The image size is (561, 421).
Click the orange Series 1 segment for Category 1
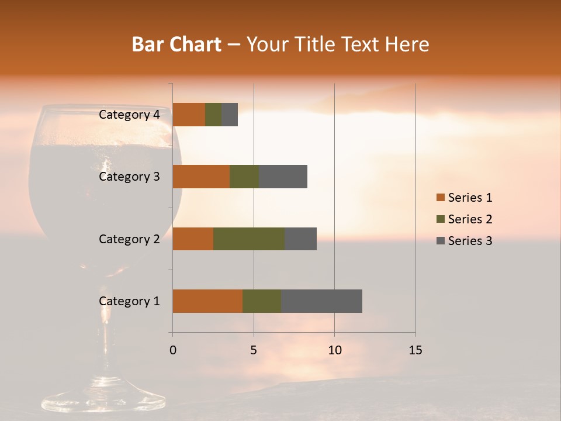[x=207, y=301]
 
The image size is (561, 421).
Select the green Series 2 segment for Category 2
[x=249, y=239]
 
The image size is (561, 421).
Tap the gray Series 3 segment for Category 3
[x=283, y=177]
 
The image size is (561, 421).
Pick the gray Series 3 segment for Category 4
[x=230, y=115]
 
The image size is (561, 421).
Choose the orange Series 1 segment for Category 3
[x=201, y=177]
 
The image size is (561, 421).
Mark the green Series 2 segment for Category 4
[x=213, y=115]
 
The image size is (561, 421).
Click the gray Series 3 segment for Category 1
[x=321, y=301]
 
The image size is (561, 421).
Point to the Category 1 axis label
[x=129, y=301]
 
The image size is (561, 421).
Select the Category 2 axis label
[x=129, y=239]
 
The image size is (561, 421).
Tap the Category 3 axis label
[x=129, y=177]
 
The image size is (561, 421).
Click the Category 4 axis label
[x=129, y=115]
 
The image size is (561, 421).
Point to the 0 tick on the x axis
[x=173, y=350]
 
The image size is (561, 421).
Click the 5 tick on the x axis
[x=254, y=350]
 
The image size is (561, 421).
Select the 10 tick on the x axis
[x=334, y=350]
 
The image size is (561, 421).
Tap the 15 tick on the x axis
[x=415, y=350]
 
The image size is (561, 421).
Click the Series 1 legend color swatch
[x=440, y=198]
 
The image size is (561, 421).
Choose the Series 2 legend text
[x=470, y=219]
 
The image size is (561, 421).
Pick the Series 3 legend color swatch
[x=440, y=241]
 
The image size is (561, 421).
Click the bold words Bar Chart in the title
[x=176, y=44]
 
